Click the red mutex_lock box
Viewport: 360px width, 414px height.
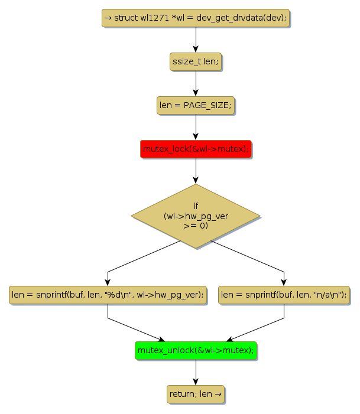196,149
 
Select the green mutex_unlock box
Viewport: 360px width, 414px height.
196,351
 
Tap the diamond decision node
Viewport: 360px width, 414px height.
196,216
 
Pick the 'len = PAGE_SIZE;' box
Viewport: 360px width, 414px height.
196,106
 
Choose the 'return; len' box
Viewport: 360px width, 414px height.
196,394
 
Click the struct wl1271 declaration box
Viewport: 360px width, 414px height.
196,18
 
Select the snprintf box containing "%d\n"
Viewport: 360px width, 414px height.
108,294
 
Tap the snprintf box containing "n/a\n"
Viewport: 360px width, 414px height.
284,294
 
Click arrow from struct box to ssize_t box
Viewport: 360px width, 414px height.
196,40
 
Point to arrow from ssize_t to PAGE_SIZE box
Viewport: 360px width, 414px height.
196,84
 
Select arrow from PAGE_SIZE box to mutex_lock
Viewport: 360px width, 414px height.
196,128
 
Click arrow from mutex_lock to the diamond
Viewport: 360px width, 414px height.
196,171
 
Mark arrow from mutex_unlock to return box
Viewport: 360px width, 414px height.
196,372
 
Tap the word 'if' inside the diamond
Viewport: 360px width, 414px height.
196,206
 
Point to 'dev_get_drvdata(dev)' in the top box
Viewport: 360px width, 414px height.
248,18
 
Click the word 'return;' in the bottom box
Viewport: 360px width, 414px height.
183,394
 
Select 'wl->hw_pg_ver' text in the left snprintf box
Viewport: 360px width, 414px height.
177,294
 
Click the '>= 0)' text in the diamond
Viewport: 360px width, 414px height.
196,226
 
